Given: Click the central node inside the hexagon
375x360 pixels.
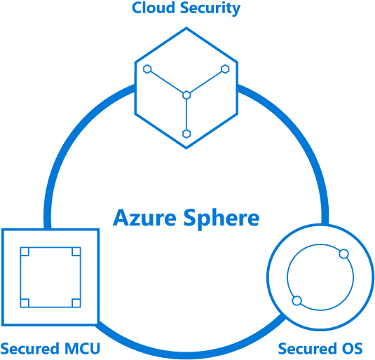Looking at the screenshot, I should [x=186, y=95].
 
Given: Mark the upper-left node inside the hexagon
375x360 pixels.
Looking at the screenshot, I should [x=148, y=69].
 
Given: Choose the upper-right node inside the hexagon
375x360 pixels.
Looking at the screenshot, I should [x=225, y=69].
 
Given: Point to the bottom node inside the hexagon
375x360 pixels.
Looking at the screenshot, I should [x=186, y=133].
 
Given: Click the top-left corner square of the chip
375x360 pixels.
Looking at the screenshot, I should [x=25, y=251].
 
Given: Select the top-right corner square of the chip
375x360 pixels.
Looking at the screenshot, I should [x=76, y=251].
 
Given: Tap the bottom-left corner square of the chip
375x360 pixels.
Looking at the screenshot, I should [x=25, y=303].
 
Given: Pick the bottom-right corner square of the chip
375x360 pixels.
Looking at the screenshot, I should [x=76, y=303].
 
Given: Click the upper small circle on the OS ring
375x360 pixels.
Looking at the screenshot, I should [x=343, y=252].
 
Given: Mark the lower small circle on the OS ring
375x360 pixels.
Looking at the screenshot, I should [x=296, y=301].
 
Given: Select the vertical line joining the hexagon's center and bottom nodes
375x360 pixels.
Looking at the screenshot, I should [x=186, y=114].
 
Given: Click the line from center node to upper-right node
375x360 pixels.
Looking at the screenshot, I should [x=206, y=81].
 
